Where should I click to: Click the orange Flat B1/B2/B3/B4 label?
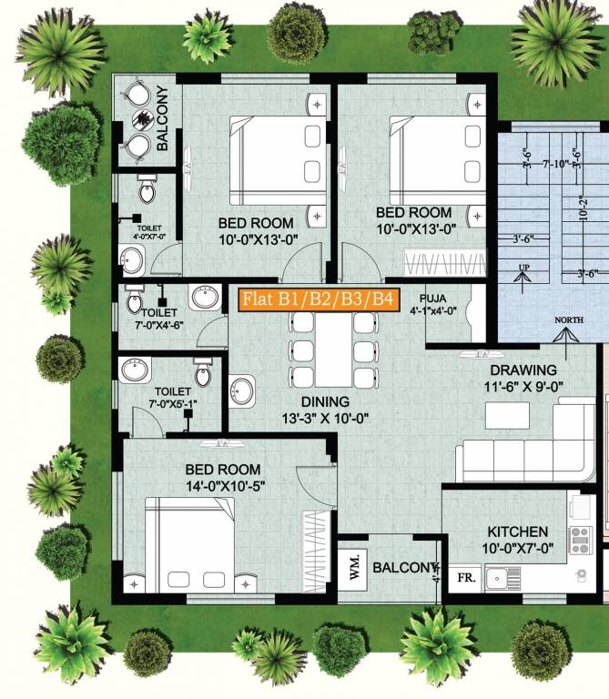pyautogui.click(x=319, y=299)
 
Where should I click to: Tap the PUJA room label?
pyautogui.click(x=432, y=298)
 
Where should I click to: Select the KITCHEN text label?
pyautogui.click(x=517, y=532)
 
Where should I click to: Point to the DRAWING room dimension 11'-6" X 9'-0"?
pyautogui.click(x=523, y=386)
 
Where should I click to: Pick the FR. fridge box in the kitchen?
pyautogui.click(x=464, y=577)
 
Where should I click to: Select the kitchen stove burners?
pyautogui.click(x=579, y=541)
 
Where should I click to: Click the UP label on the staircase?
pyautogui.click(x=523, y=267)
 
